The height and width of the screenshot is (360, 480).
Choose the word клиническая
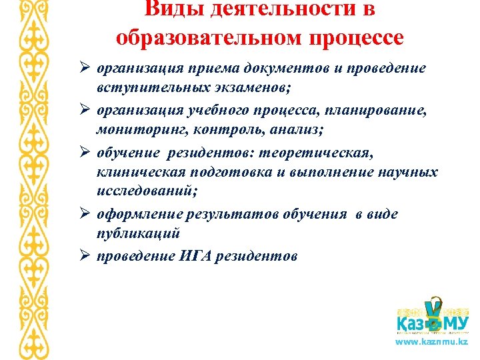coord(136,173)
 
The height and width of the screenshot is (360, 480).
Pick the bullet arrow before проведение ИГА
coord(85,255)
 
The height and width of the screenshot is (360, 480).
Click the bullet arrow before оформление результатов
coord(85,214)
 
